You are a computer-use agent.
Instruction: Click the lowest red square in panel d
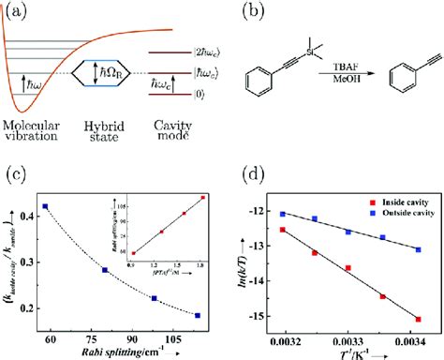tap(418, 319)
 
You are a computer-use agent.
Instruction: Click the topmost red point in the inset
tap(202, 198)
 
